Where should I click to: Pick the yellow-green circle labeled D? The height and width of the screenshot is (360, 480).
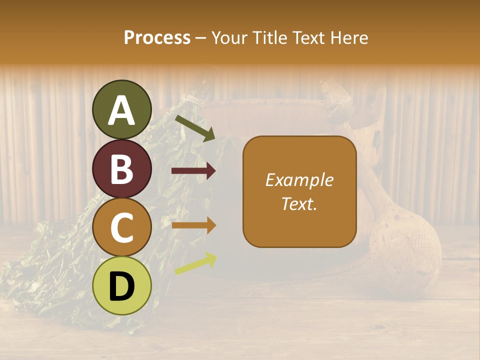(122, 286)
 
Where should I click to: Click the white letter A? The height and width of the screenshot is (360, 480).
(122, 110)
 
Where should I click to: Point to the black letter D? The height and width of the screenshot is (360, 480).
(122, 286)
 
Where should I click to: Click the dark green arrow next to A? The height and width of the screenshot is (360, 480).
(195, 128)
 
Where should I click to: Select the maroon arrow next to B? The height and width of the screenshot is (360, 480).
(193, 171)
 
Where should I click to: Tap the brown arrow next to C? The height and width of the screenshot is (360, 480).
(193, 225)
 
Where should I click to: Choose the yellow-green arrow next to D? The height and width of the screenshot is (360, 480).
(195, 264)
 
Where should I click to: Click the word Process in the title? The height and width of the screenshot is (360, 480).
(157, 38)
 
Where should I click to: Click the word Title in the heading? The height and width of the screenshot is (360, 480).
(269, 38)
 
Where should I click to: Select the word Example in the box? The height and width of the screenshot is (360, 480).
(299, 180)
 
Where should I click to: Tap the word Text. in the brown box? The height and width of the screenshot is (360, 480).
(299, 203)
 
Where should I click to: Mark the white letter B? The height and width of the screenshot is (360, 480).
(122, 169)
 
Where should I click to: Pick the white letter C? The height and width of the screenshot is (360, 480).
(122, 227)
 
